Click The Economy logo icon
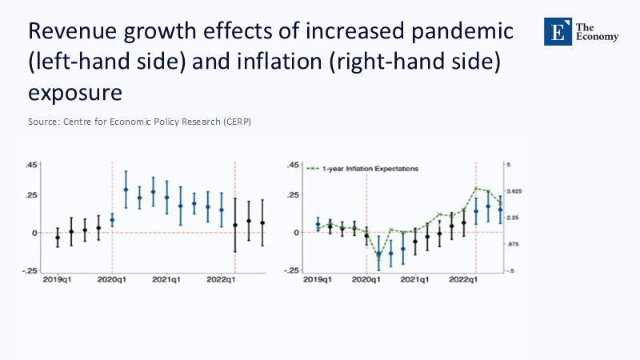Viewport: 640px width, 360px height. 555,30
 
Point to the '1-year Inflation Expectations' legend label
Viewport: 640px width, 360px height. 370,169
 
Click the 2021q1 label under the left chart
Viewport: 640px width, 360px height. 166,281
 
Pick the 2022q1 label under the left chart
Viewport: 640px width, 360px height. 221,281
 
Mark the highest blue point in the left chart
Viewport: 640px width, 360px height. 126,190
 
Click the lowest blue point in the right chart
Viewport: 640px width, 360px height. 378,255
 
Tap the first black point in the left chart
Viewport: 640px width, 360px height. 57,238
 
